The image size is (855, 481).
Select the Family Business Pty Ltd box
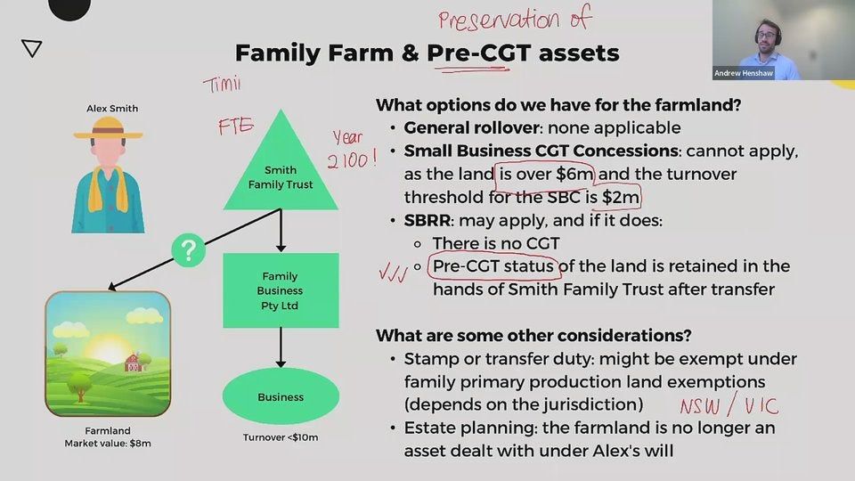click(x=281, y=290)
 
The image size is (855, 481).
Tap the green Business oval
click(x=281, y=397)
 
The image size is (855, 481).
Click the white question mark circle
click(x=187, y=251)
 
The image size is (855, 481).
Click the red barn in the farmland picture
click(x=133, y=363)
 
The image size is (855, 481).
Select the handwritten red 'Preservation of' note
click(x=514, y=19)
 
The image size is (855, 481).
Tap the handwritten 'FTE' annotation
click(x=236, y=127)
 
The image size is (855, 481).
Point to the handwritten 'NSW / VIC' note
click(x=729, y=406)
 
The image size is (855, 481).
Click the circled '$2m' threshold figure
click(x=615, y=197)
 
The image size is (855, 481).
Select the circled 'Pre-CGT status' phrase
click(x=492, y=266)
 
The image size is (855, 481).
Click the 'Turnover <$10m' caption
click(x=281, y=437)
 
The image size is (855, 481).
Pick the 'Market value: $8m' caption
click(x=107, y=443)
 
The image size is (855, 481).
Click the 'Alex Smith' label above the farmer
click(x=112, y=109)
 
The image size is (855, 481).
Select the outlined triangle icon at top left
click(x=32, y=48)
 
